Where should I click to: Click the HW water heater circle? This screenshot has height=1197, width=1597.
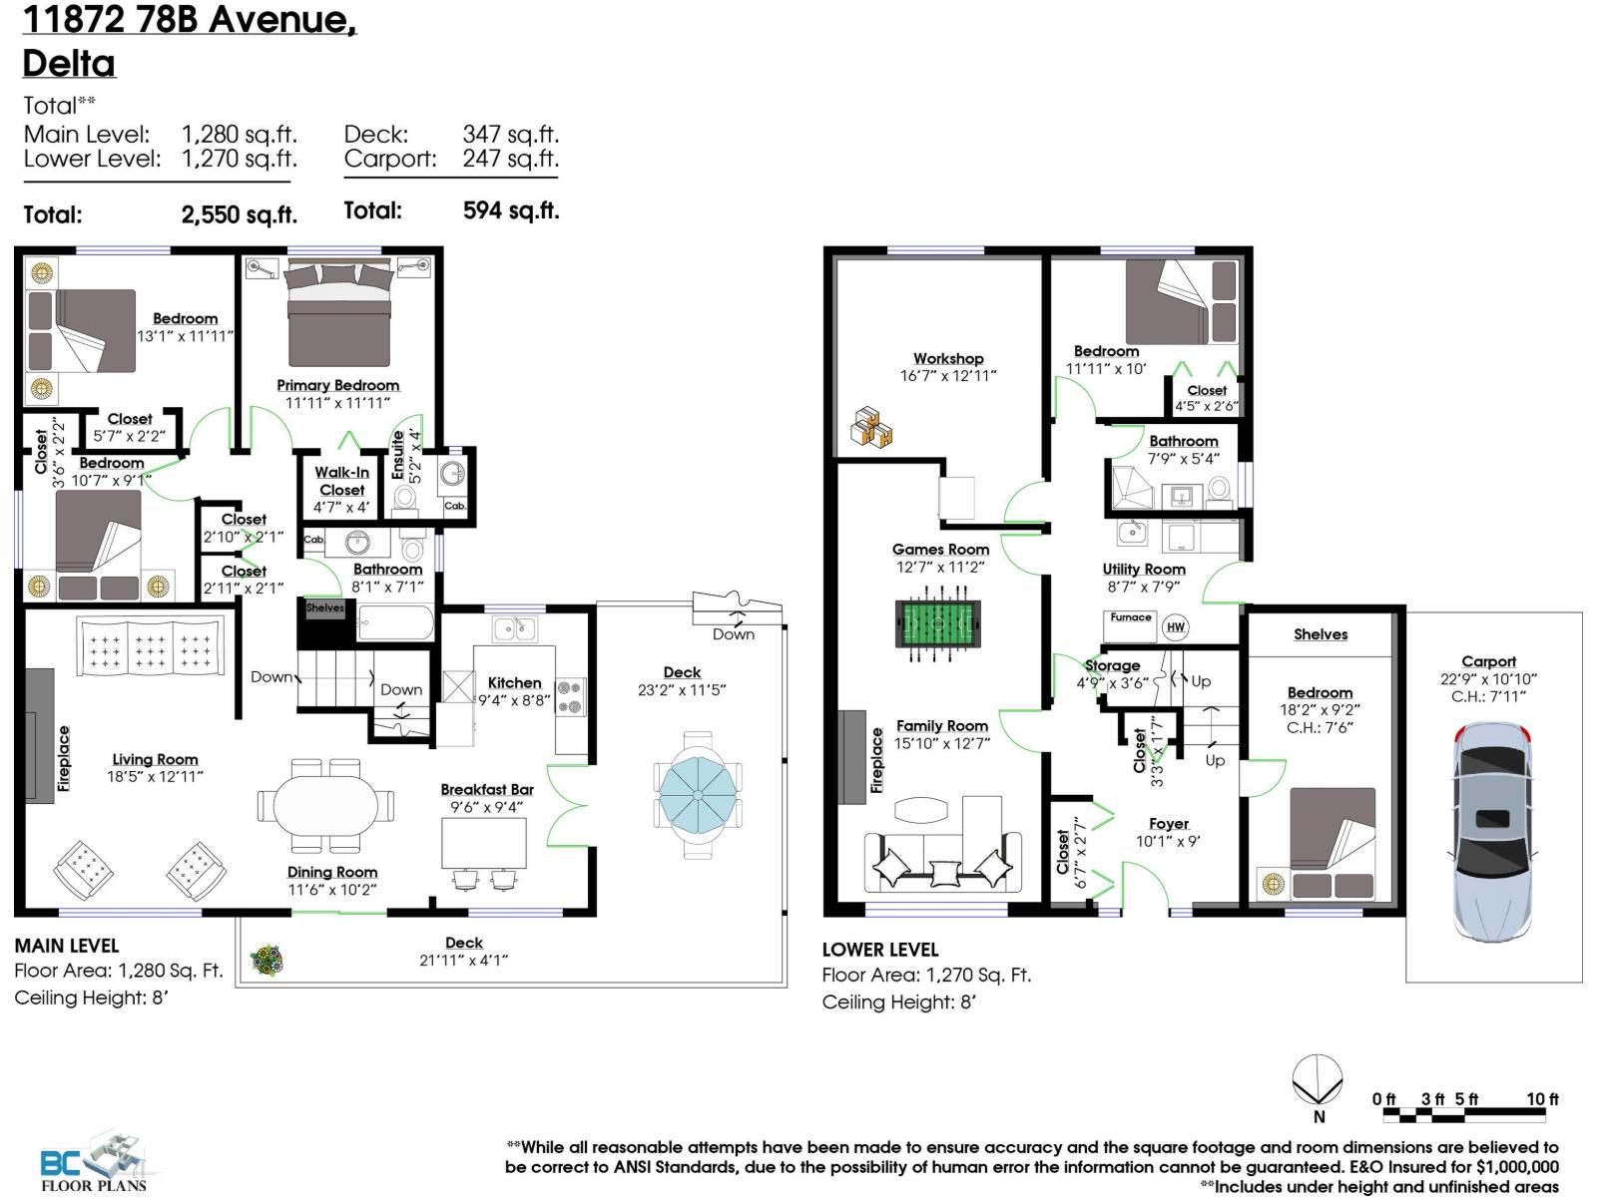[1176, 626]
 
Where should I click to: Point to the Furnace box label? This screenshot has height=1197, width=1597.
[1130, 617]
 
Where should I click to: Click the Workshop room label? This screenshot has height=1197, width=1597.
[948, 358]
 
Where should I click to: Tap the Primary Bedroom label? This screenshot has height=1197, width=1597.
[337, 385]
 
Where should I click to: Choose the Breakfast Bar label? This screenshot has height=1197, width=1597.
[487, 789]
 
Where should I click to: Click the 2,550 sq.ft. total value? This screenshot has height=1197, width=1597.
[240, 214]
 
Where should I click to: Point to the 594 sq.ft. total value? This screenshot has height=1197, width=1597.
[511, 210]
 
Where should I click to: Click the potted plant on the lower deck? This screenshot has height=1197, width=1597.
[266, 961]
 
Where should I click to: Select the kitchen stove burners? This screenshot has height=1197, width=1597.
[569, 696]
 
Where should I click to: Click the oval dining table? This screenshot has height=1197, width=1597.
[326, 801]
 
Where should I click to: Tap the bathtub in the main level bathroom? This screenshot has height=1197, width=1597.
[395, 623]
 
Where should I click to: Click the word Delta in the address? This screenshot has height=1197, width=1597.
[69, 63]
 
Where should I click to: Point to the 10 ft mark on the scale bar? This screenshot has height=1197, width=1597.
[1542, 1099]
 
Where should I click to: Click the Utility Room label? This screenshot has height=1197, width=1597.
[1144, 569]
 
